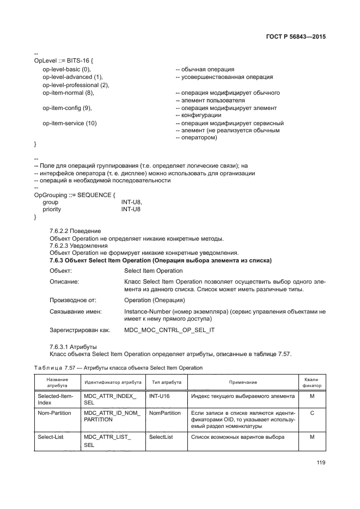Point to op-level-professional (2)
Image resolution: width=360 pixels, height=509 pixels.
pyautogui.click(x=76, y=85)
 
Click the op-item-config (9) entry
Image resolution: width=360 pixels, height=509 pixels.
pyautogui.click(x=67, y=108)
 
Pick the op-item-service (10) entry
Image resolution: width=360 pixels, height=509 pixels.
pyautogui.click(x=69, y=124)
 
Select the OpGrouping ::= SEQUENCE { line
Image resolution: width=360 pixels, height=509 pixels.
pyautogui.click(x=74, y=194)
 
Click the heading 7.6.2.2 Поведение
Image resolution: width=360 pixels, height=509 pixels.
pyautogui.click(x=75, y=231)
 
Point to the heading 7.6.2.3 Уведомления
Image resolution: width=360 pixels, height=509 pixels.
pyautogui.click(x=78, y=246)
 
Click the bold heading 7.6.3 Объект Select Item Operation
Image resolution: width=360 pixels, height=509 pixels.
pyautogui.click(x=160, y=261)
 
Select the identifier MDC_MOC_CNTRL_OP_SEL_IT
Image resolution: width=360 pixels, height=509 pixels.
pyautogui.click(x=169, y=330)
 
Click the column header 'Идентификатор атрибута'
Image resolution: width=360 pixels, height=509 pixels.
pyautogui.click(x=113, y=383)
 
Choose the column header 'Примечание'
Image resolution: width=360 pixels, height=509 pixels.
pyautogui.click(x=242, y=383)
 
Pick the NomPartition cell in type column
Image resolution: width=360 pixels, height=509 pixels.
pyautogui.click(x=164, y=413)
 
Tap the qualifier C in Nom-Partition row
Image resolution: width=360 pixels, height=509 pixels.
pyautogui.click(x=312, y=413)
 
